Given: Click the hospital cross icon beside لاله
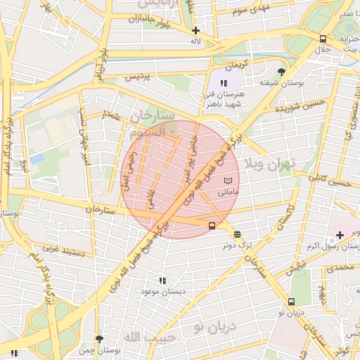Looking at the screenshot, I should tap(195, 30).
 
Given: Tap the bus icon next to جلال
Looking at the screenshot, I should tap(322, 39).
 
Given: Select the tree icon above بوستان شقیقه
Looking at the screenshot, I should tap(282, 72).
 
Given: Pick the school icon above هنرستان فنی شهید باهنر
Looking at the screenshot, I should tap(224, 84).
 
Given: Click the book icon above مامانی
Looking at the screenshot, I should tap(227, 181).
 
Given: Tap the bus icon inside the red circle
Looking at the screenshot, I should tap(212, 226).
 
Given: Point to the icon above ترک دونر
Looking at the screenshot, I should tap(237, 234).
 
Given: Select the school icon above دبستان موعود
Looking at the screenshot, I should tap(163, 280).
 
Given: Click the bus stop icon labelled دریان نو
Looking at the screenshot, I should tap(290, 302).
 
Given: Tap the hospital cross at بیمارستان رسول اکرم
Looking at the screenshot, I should tap(340, 236).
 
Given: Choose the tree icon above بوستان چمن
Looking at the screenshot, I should tap(99, 338).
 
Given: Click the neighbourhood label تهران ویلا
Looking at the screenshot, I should tap(271, 163).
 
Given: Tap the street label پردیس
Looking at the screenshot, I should tap(139, 77).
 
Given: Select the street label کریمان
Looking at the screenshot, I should tap(237, 64).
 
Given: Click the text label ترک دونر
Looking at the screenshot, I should tap(238, 245).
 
